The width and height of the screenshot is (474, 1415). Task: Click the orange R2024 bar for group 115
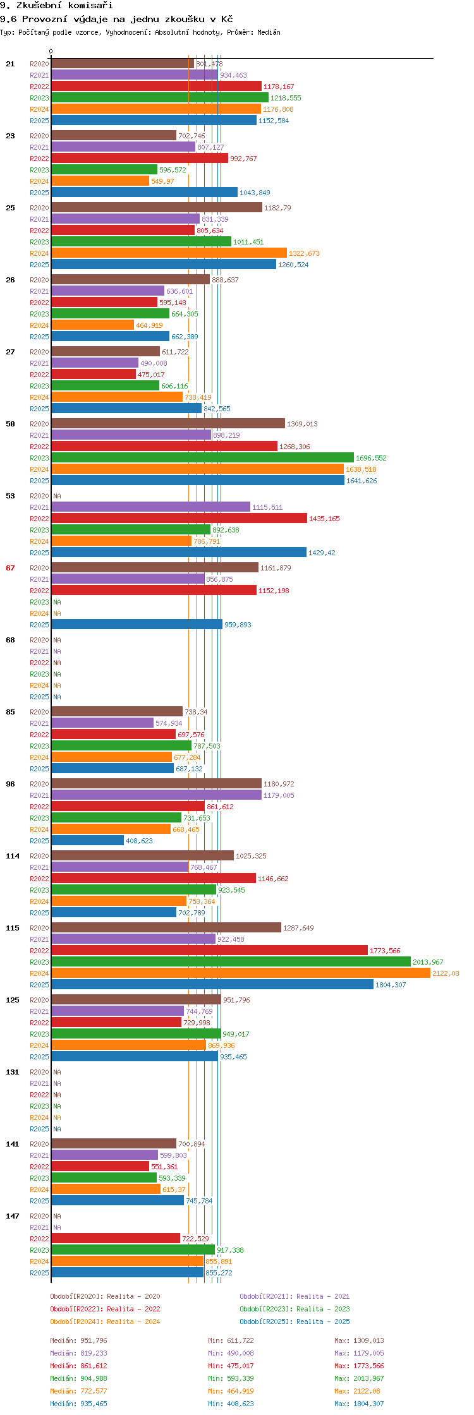point(240,973)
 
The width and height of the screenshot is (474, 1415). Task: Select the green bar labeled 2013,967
point(231,961)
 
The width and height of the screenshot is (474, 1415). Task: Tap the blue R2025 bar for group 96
point(87,840)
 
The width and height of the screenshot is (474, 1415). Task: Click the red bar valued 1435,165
point(179,518)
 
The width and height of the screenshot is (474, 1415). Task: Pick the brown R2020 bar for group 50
point(167,423)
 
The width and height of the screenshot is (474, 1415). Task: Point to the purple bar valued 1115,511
point(150,507)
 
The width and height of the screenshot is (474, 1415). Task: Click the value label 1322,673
point(304,253)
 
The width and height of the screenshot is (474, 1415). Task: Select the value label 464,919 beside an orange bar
point(149,325)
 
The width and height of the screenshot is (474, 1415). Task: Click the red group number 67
point(10,568)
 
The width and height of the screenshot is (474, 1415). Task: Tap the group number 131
point(12,1072)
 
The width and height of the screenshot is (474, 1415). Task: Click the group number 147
point(12,1216)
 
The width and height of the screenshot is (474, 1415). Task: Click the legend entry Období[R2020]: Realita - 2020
point(105,1296)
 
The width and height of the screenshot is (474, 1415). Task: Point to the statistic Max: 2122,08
point(359,1391)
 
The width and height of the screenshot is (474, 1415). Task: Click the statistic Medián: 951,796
point(78,1340)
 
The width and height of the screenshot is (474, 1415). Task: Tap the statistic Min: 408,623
point(231,1404)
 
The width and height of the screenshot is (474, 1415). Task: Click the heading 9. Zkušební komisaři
point(56,5)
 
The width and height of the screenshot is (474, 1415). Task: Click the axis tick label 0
point(51,51)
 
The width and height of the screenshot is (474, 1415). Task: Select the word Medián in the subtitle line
point(269,32)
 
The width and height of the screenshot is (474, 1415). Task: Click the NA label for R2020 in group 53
point(57,496)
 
